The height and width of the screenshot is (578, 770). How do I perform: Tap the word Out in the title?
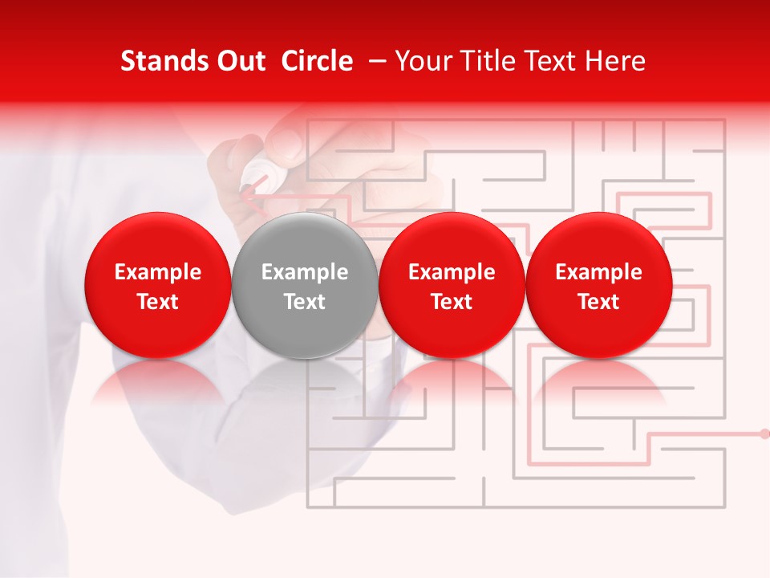click(240, 61)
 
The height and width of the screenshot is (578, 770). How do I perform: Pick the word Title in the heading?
click(490, 61)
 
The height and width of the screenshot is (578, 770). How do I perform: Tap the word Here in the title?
click(614, 61)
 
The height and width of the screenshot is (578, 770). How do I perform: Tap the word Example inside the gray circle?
click(305, 272)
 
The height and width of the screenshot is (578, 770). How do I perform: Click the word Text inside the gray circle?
click(305, 302)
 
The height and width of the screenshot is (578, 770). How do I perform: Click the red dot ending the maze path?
click(764, 433)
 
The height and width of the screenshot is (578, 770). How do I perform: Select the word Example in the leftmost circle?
click(157, 272)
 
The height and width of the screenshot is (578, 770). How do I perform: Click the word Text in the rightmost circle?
click(598, 302)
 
